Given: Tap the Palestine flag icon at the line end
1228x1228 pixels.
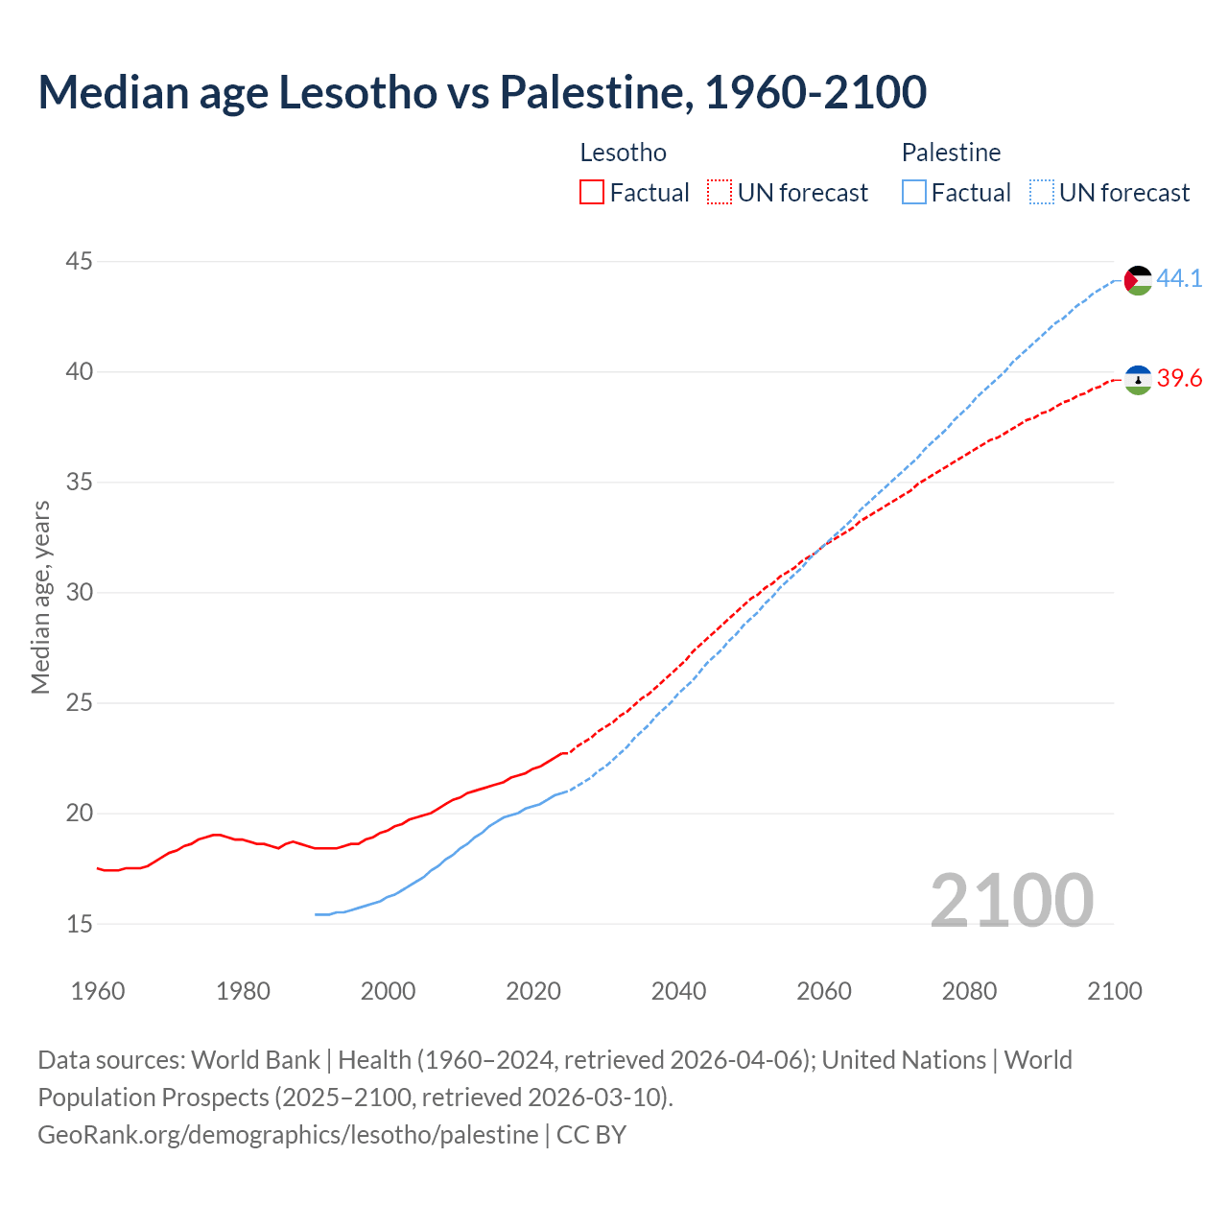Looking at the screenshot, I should point(1138,280).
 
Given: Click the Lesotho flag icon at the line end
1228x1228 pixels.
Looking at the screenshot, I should point(1138,380).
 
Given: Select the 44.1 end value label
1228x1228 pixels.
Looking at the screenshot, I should point(1179,278).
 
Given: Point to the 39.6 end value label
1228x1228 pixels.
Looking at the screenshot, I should point(1179,379).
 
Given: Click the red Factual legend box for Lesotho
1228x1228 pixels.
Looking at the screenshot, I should point(592,193).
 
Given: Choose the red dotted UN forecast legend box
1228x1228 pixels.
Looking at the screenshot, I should point(720,193).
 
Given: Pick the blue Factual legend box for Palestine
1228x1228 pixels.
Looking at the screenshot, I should point(914,193).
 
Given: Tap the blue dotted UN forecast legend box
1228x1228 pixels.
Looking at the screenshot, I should point(1042,193).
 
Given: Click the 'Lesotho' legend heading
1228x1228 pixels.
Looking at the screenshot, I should point(623,153).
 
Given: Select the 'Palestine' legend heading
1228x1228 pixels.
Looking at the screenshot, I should point(951,153).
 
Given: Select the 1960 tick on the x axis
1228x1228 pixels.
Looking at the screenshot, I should point(98,991).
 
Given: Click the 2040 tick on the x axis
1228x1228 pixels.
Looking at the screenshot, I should point(678,991).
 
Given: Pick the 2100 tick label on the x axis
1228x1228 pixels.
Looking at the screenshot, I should point(1114,991).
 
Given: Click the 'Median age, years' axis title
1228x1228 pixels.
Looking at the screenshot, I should point(40,597).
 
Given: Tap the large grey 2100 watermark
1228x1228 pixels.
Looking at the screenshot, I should point(1011,900).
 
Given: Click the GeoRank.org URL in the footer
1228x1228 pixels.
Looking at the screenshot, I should point(288,1134).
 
